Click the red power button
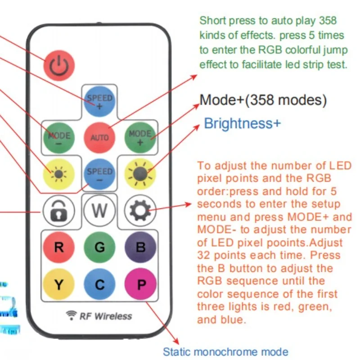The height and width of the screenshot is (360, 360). pos(58,66)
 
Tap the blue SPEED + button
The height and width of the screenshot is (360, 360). pos(99,101)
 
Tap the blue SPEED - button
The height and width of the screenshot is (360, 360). pos(99,175)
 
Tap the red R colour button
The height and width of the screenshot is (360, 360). pos(59,247)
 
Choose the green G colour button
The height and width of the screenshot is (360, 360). pos(99,247)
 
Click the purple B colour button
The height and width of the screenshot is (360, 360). pos(140,247)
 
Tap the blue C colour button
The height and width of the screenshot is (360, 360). pos(99,285)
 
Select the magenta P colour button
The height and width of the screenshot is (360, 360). pos(140,285)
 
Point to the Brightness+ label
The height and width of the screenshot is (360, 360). pos(242,123)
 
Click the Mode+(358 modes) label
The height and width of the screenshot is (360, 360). pos(263,100)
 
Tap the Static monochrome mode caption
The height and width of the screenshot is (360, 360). pos(225,351)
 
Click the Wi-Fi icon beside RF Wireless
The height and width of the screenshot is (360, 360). pos(71,315)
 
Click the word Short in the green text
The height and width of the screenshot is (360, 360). pos(211,20)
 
